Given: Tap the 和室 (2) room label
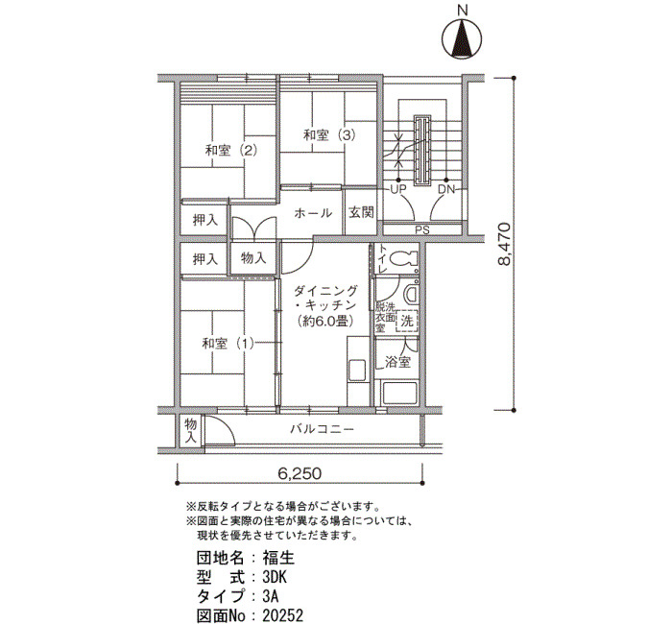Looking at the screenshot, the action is (x=231, y=151).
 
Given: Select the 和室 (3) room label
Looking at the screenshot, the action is (x=329, y=135).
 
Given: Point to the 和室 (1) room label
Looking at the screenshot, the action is (x=228, y=344).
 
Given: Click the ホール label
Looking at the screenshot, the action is (x=313, y=213).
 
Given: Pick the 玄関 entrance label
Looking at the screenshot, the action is (x=361, y=212).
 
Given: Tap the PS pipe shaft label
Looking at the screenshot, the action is (x=422, y=230).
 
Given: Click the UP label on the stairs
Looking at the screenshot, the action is (x=397, y=189).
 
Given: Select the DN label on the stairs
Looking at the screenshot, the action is (x=446, y=189).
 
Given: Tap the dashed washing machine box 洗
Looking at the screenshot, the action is (x=407, y=321).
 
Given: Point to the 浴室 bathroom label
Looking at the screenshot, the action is (x=397, y=362).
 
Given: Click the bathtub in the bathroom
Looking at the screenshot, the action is (x=399, y=393).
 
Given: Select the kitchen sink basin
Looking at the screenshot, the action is (x=357, y=371).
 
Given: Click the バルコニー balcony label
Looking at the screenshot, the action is (x=322, y=429).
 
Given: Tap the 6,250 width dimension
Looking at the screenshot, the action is (x=300, y=473).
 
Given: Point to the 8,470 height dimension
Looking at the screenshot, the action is (x=504, y=244).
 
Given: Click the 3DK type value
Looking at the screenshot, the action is (x=275, y=577).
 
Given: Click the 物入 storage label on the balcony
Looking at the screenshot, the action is (x=190, y=431).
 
